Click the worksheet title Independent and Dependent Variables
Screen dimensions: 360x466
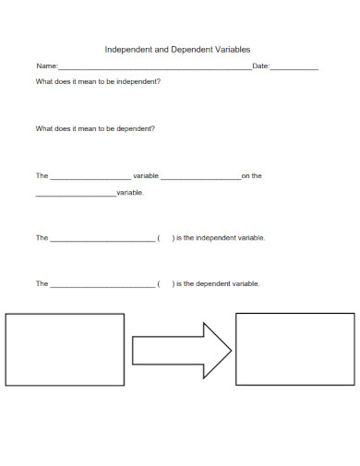click(x=177, y=50)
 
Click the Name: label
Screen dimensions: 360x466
click(x=46, y=66)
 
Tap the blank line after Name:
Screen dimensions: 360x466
click(x=154, y=68)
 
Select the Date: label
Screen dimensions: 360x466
click(x=260, y=66)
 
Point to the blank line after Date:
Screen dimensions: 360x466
click(x=294, y=68)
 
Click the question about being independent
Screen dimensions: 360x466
click(x=98, y=81)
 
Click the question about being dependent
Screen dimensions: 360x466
click(x=95, y=128)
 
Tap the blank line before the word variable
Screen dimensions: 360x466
click(x=90, y=177)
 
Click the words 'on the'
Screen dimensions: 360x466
click(x=252, y=175)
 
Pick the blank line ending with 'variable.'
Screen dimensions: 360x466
click(x=76, y=195)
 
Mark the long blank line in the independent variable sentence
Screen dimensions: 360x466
click(x=102, y=240)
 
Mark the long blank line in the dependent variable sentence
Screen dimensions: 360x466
click(x=102, y=286)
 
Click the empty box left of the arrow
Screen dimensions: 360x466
click(x=65, y=349)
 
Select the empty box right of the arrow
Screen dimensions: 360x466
click(x=294, y=349)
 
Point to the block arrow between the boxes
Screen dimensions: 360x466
click(x=181, y=349)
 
